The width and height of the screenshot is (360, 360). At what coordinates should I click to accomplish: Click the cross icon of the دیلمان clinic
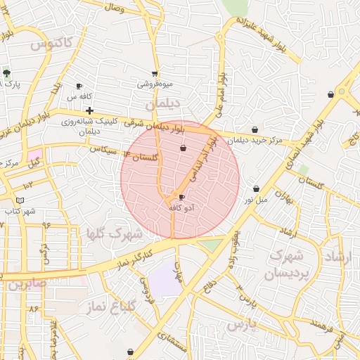89,110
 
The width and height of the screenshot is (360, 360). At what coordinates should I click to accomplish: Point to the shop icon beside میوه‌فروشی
155,74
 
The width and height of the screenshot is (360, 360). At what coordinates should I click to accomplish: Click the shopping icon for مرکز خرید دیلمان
255,129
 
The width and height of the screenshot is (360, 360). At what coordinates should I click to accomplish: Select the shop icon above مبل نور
256,188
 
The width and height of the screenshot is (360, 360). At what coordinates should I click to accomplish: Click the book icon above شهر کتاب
20,200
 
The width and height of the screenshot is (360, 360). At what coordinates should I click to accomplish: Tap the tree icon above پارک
6,72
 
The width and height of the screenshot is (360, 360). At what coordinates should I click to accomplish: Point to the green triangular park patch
210,245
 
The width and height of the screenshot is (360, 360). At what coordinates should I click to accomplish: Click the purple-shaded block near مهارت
165,281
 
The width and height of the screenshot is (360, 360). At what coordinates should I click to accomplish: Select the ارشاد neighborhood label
334,258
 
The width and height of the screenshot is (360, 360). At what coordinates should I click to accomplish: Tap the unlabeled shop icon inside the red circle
184,148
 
